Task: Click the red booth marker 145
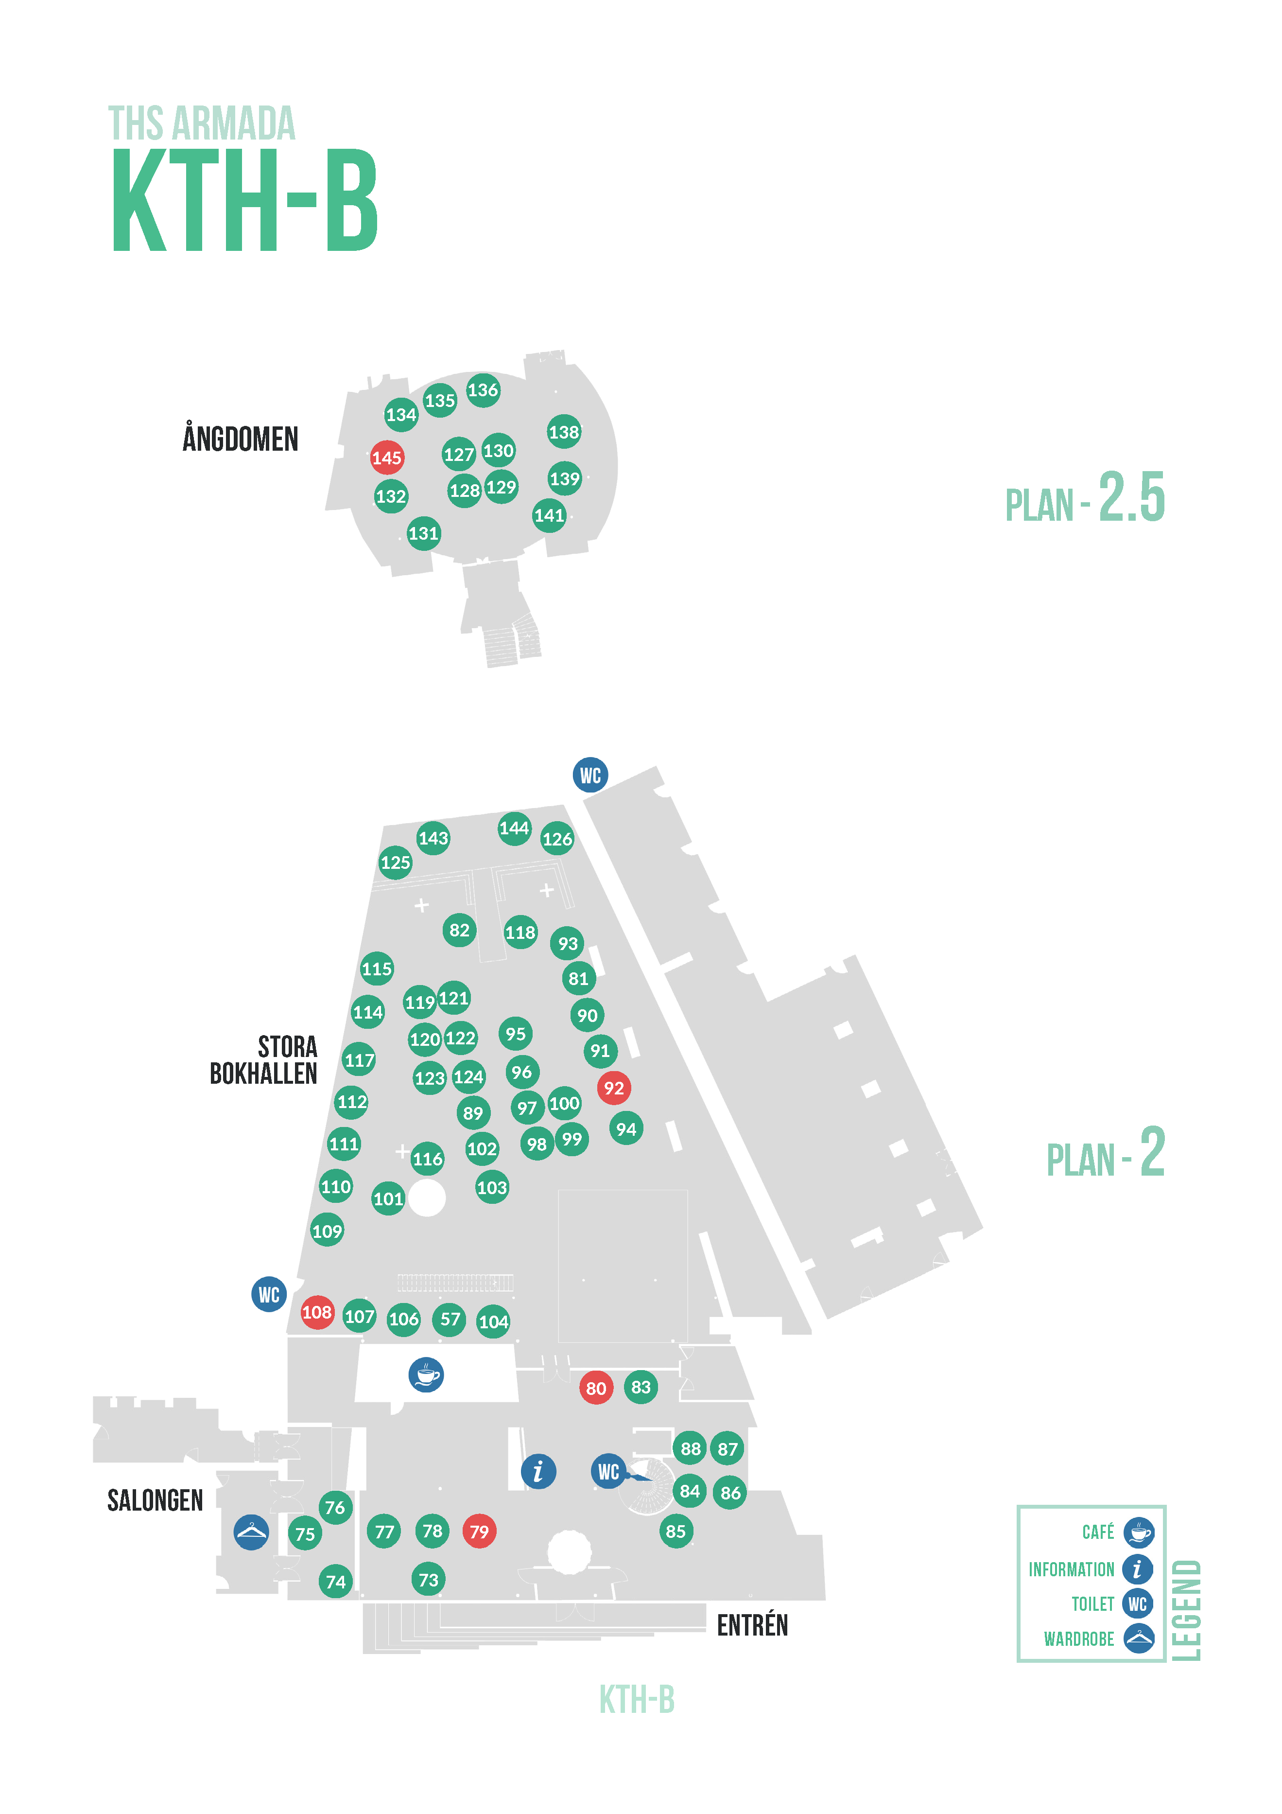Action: pos(387,458)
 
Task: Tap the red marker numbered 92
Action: pos(614,1088)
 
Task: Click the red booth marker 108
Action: pos(317,1312)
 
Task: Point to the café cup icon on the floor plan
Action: pos(426,1375)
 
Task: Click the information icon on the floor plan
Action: pos(538,1471)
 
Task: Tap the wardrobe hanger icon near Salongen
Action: pos(251,1532)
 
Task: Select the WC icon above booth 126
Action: pos(590,775)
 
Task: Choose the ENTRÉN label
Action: pos(752,1625)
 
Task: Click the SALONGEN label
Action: pos(155,1500)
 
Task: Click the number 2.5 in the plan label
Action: pos(1131,497)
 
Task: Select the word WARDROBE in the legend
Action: pos(1078,1638)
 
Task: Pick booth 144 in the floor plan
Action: pos(514,828)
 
